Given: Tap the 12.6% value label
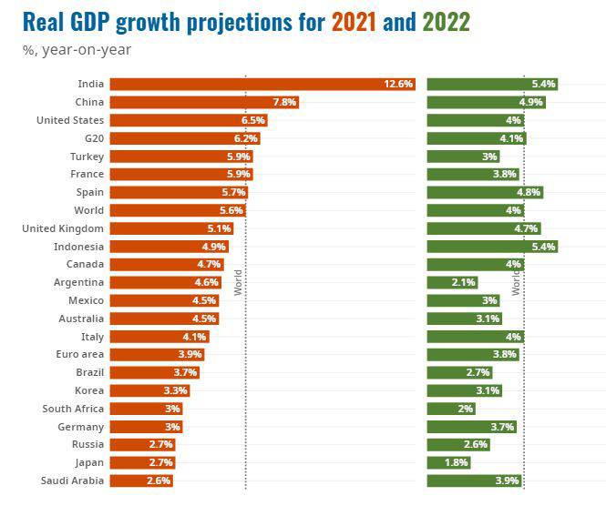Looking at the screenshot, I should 399,84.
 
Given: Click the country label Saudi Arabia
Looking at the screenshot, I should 73,481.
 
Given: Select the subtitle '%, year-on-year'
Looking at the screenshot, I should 77,49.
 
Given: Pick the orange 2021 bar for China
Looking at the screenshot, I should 191,102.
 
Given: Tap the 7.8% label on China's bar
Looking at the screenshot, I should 284,102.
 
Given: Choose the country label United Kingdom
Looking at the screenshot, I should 63,228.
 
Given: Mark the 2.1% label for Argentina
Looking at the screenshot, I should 464,282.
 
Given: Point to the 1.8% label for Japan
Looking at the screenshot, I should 457,462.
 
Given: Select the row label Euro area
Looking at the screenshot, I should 79,354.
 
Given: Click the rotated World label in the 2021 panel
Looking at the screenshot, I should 238,282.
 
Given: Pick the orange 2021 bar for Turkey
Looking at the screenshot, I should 173,157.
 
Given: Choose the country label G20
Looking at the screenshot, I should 92,138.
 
